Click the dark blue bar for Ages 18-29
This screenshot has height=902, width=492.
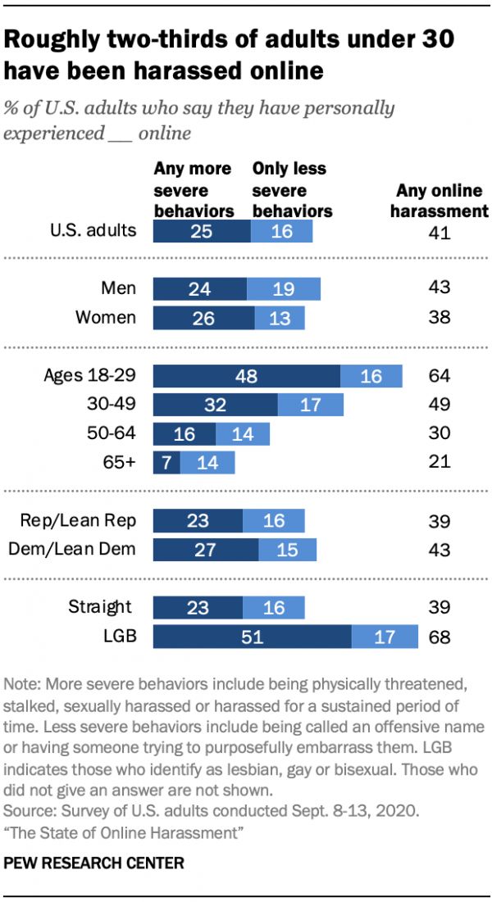click(247, 377)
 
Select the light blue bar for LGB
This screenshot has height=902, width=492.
click(385, 637)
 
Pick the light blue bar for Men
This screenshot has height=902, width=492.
click(283, 288)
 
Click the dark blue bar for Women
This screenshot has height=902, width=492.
click(204, 317)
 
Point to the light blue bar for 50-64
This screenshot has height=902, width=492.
click(242, 433)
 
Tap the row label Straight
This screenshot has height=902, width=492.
click(100, 607)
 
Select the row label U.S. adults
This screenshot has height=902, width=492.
click(91, 230)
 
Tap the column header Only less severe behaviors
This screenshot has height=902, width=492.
click(292, 189)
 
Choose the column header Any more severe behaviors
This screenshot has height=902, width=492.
click(194, 189)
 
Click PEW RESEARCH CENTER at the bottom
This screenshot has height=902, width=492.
click(94, 863)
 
